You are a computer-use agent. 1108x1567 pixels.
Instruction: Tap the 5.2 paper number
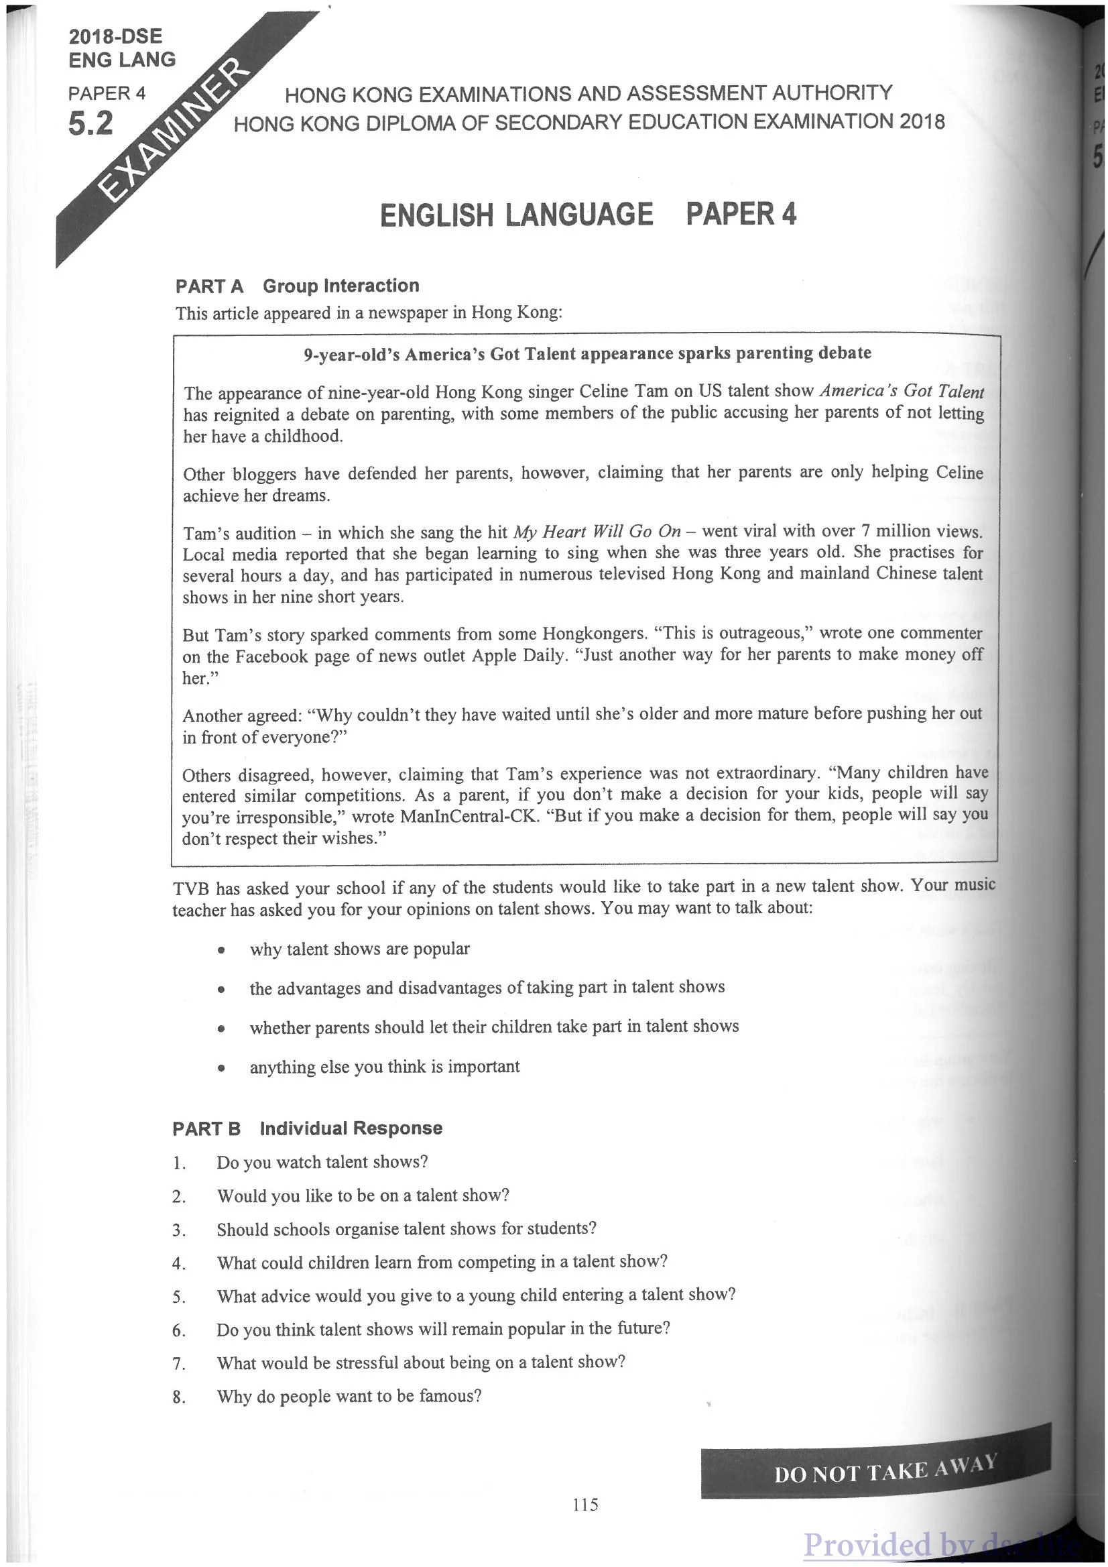click(90, 124)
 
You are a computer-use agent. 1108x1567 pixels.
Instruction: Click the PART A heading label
click(208, 287)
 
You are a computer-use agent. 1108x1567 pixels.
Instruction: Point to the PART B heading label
click(206, 1128)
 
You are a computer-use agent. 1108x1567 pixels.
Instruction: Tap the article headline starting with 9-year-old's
click(587, 353)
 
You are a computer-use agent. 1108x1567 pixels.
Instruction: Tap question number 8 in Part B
click(179, 1397)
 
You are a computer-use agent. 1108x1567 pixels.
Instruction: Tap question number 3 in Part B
click(179, 1230)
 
